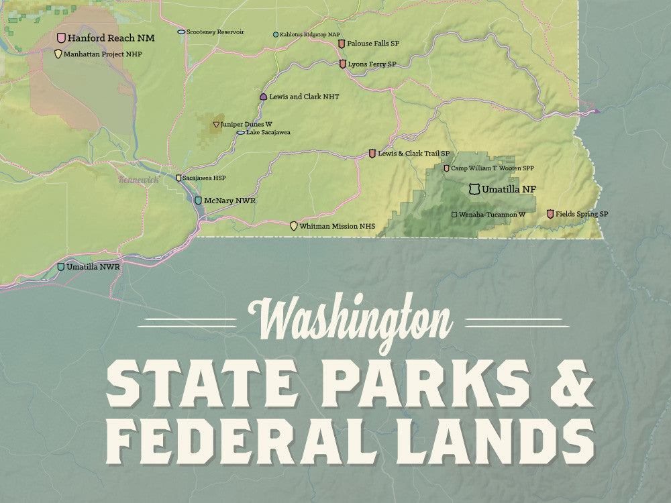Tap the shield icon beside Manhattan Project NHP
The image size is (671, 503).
click(58, 54)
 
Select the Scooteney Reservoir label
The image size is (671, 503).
click(215, 32)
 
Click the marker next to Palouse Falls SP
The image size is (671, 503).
click(342, 44)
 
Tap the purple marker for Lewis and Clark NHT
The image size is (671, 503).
click(263, 97)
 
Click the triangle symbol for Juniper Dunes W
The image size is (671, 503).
click(216, 124)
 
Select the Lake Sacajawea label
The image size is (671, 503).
click(268, 132)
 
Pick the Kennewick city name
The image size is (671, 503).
click(138, 179)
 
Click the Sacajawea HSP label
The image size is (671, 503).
click(204, 178)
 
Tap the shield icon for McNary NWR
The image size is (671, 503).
click(198, 200)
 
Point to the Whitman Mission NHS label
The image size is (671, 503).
click(337, 226)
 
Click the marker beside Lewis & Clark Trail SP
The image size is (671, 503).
click(372, 154)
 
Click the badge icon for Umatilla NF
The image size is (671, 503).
click(474, 190)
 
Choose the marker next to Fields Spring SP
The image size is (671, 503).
click(550, 214)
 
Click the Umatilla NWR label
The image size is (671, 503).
click(93, 266)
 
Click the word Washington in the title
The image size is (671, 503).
click(349, 321)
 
